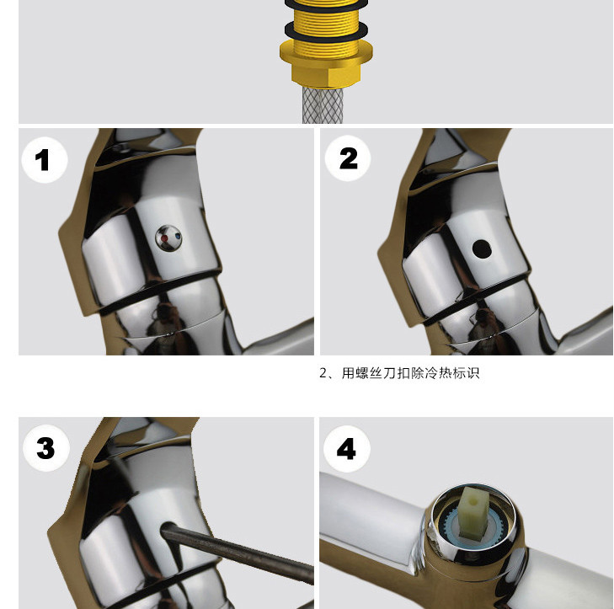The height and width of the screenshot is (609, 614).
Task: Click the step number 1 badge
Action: pyautogui.click(x=45, y=160)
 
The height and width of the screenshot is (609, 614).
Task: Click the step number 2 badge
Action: pyautogui.click(x=348, y=158)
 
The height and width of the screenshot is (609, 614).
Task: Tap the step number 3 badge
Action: pyautogui.click(x=46, y=447)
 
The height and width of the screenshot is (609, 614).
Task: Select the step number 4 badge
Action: pyautogui.click(x=347, y=449)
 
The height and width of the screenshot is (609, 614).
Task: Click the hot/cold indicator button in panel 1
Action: pyautogui.click(x=168, y=238)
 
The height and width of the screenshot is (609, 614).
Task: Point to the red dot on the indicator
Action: pyautogui.click(x=164, y=238)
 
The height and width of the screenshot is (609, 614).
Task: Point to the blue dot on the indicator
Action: pyautogui.click(x=179, y=237)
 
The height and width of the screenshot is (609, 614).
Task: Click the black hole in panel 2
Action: pyautogui.click(x=481, y=248)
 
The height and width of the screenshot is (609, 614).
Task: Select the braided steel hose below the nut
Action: pyautogui.click(x=323, y=105)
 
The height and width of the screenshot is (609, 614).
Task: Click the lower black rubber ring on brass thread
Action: pyautogui.click(x=326, y=31)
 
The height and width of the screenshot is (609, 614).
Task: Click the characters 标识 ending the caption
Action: pyautogui.click(x=466, y=373)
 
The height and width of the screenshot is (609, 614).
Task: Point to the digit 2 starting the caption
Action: pyautogui.click(x=323, y=373)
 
